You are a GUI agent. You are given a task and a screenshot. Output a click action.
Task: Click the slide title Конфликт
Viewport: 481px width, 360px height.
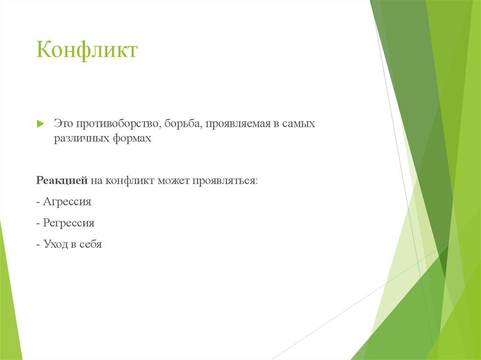(87, 50)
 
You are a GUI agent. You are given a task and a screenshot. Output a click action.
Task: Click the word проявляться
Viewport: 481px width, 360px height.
(223, 181)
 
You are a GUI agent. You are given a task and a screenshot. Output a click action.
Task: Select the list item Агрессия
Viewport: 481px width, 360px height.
(67, 202)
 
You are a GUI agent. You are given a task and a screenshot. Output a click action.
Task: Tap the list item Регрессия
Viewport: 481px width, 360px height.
(69, 223)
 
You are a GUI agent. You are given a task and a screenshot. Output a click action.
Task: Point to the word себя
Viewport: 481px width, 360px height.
(90, 244)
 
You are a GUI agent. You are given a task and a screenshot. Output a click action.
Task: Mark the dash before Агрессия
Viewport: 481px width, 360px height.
(38, 202)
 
